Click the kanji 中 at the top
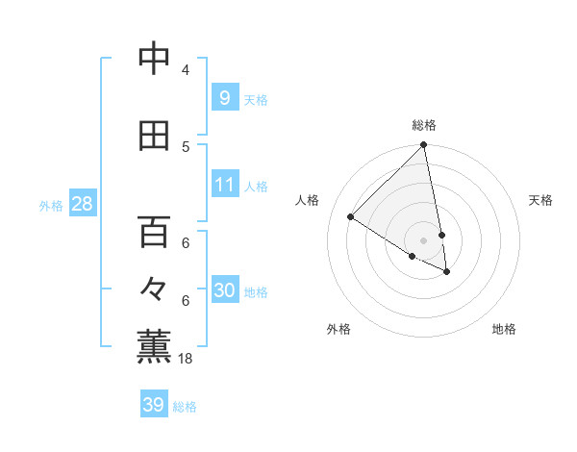click(154, 59)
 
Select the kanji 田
click(154, 136)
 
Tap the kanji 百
click(154, 232)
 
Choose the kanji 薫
click(154, 347)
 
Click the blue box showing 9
click(224, 97)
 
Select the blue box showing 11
click(224, 184)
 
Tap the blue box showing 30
click(224, 290)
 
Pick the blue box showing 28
click(81, 204)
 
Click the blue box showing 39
click(154, 405)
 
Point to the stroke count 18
click(186, 359)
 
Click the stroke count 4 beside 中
click(186, 70)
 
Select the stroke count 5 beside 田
click(186, 147)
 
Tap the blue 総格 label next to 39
click(185, 407)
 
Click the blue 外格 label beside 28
click(51, 205)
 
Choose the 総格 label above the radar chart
click(424, 125)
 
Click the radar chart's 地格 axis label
click(504, 329)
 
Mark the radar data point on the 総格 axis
click(424, 145)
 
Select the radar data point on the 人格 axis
click(351, 217)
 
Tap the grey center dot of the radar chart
click(424, 240)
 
